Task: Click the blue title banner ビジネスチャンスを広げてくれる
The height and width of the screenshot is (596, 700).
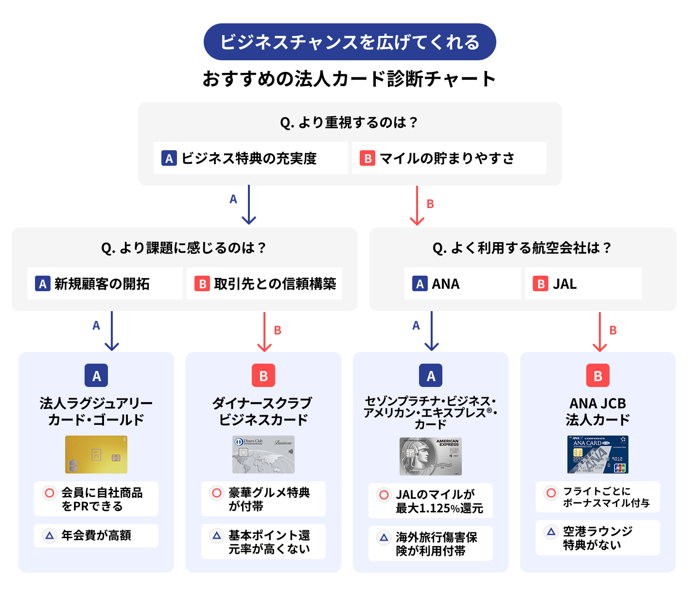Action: tap(350, 42)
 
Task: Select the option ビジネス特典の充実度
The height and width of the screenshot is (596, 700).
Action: tap(250, 158)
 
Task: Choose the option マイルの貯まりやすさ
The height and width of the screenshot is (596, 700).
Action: tap(448, 158)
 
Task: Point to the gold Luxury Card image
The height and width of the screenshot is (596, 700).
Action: tap(96, 455)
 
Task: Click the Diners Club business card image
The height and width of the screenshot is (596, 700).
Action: tap(263, 455)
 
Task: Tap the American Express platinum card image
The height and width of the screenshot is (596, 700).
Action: tap(431, 456)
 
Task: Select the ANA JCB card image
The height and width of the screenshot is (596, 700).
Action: tap(598, 455)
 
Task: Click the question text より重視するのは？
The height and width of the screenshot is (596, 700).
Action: tap(350, 122)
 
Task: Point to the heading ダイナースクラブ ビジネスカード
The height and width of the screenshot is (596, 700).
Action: tap(263, 411)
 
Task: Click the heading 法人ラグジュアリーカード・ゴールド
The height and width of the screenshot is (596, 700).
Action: tap(96, 411)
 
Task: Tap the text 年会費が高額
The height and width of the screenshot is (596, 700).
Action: tap(96, 535)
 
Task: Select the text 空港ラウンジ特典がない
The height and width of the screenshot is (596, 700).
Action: tap(597, 538)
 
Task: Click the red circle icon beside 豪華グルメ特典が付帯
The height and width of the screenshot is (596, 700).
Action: tap(217, 493)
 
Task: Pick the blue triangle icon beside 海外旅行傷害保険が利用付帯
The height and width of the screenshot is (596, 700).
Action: tap(384, 537)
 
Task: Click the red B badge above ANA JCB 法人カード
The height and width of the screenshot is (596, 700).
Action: tap(598, 375)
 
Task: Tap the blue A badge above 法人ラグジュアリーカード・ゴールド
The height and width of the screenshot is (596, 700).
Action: tap(96, 375)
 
